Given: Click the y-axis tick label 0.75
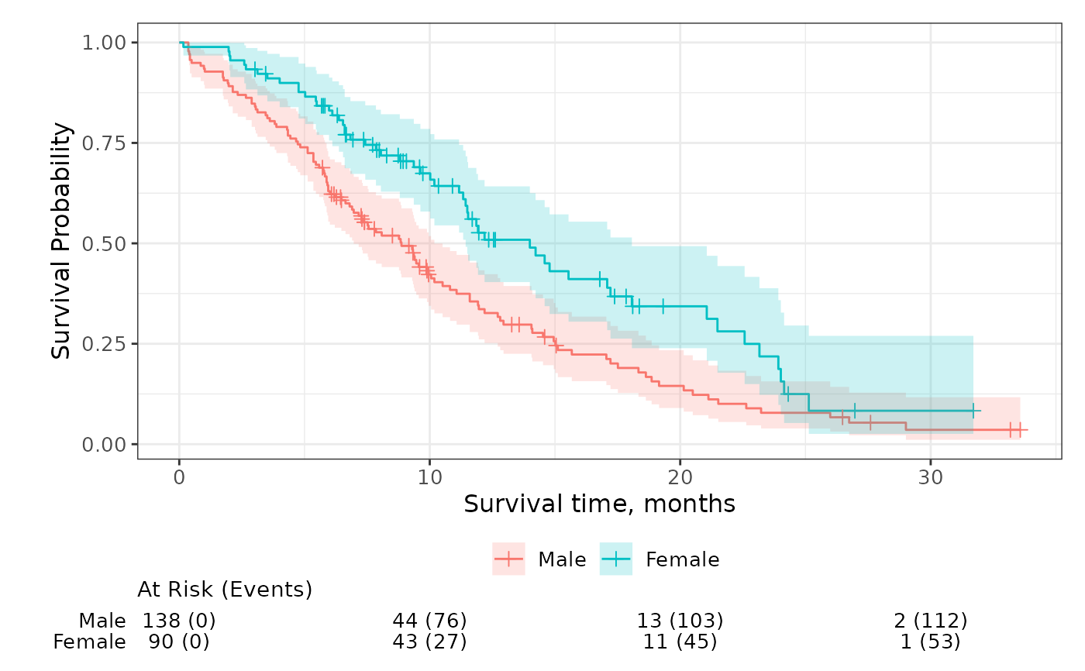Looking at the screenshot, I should pos(105,143).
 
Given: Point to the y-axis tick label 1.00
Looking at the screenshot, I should pos(105,42).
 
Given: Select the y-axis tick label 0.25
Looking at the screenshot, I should pos(105,343).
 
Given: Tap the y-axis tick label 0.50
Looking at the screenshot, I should pos(105,243).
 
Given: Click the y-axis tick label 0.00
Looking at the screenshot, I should pos(105,444).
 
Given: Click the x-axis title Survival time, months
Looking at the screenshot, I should pos(599,504).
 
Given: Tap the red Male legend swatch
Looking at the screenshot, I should pos(508,559).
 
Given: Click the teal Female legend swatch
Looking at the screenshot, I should pos(616,559).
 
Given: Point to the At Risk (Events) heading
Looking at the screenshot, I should pos(225,590).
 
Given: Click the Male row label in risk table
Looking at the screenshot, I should pos(102,621).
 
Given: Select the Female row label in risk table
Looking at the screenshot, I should pos(89,642).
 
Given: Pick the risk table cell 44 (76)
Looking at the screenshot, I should pos(430,621).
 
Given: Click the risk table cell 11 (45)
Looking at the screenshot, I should pos(680,642).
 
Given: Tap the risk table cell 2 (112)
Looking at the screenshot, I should pos(930,621).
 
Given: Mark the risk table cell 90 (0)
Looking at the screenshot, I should pos(179,642).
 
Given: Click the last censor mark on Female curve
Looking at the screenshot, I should pos(973,411).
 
